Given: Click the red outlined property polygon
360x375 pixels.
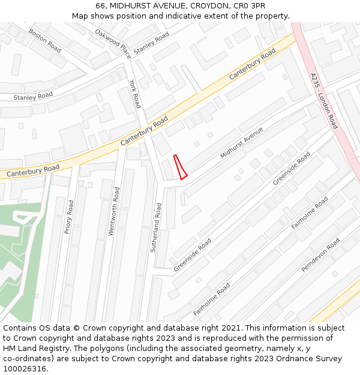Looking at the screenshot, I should pyautogui.click(x=180, y=167).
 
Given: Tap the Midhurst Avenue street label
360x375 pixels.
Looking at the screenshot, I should pyautogui.click(x=242, y=143).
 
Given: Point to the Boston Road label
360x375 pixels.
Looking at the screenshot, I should pyautogui.click(x=45, y=40).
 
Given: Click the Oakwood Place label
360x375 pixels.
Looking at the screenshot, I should pyautogui.click(x=113, y=43).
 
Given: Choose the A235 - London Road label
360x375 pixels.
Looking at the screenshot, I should pyautogui.click(x=325, y=101).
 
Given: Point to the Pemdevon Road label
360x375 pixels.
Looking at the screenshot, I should pyautogui.click(x=320, y=255).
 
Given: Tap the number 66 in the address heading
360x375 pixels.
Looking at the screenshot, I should pyautogui.click(x=100, y=5).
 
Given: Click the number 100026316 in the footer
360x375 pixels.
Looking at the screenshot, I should pyautogui.click(x=25, y=368).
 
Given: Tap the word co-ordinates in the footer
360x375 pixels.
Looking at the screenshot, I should pyautogui.click(x=27, y=358).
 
